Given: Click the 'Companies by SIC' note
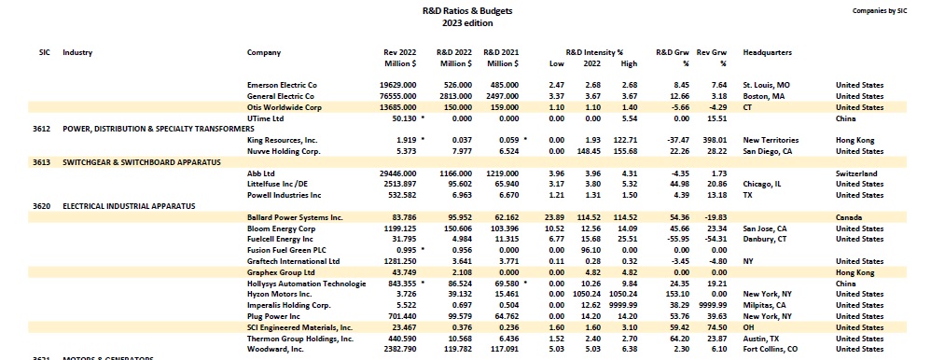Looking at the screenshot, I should (881, 10).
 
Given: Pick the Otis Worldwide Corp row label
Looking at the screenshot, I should (285, 107).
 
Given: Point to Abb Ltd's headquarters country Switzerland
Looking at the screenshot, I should (858, 173).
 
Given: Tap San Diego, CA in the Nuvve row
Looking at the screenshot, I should (768, 150).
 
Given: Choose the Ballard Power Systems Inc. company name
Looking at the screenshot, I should (295, 217).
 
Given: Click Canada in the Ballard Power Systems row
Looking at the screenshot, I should (851, 217).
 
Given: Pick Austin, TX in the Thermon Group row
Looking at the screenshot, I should (762, 339).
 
